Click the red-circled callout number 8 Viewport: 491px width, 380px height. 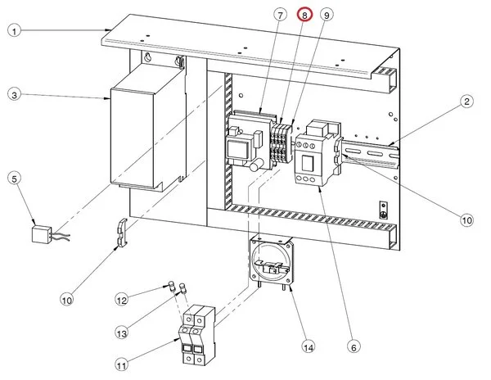coord(304,15)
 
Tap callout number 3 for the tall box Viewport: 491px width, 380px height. coord(14,95)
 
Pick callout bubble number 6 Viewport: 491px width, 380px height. coord(354,347)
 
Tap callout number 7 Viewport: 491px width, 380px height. coord(280,15)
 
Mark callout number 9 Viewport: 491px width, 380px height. coord(327,15)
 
